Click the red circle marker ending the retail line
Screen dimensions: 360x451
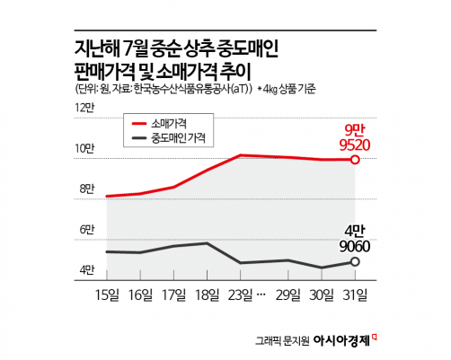pos(355,160)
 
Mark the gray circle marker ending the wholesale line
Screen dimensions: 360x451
pos(355,261)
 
